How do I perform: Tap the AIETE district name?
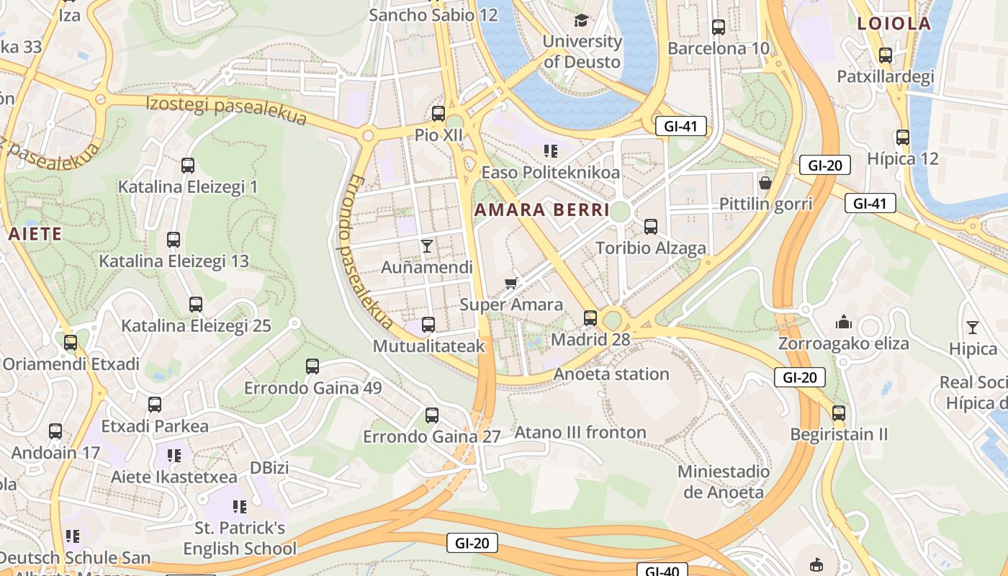pos(35,234)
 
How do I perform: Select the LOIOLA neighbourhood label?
pos(894,24)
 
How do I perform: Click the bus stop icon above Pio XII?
pos(438,114)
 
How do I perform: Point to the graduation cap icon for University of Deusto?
pos(581,20)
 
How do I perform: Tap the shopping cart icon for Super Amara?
pos(510,283)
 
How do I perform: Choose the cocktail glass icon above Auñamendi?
pos(427,246)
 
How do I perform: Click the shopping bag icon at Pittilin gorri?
pos(765,183)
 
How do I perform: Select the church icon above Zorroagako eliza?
pos(843,322)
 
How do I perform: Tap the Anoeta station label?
pos(611,374)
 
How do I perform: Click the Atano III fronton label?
pos(580,433)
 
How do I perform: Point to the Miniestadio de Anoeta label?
pos(723,482)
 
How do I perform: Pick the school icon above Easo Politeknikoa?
pos(551,151)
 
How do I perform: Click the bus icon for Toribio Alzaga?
pos(651,226)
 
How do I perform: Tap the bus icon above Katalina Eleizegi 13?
pos(174,240)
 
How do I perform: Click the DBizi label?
pos(269,468)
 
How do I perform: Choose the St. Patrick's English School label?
pos(240,538)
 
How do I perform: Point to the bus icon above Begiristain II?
pos(838,413)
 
